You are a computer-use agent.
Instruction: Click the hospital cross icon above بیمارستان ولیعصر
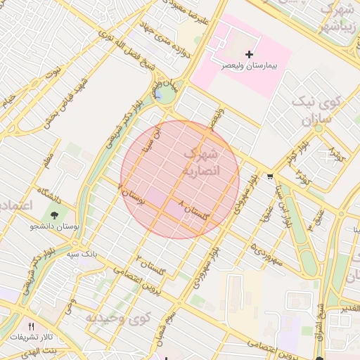coord(248,54)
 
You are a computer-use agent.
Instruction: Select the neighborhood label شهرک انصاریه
coord(202,162)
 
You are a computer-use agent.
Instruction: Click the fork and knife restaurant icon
coord(30,326)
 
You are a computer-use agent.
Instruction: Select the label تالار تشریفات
coord(31,336)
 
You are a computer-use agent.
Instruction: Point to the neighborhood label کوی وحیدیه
coord(119,318)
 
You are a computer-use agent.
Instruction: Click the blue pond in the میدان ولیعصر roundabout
coord(160,94)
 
